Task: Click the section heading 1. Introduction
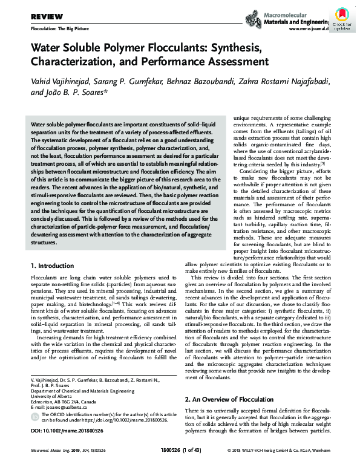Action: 53,266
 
